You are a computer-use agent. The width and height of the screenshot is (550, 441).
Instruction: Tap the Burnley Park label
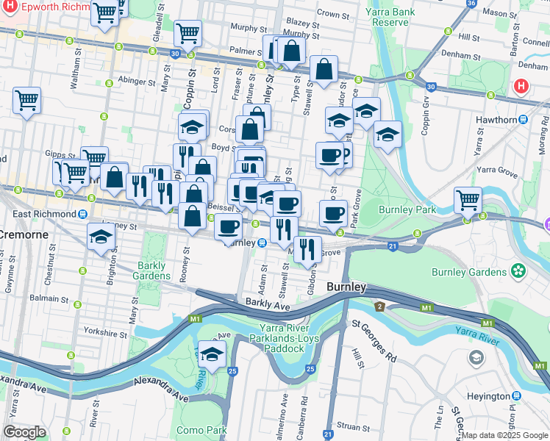407,209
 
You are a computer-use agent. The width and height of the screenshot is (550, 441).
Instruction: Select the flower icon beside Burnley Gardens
519,270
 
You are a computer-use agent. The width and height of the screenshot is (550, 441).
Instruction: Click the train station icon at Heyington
533,396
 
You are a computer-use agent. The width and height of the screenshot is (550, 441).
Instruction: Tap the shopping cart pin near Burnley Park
468,199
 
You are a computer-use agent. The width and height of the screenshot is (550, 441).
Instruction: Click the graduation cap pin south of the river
212,354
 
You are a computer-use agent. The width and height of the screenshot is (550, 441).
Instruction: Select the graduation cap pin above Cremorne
101,237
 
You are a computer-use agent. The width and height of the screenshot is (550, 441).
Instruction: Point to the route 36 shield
471,3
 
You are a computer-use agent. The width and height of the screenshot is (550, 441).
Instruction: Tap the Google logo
24,432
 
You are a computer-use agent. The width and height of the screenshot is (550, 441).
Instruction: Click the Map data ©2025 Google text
504,435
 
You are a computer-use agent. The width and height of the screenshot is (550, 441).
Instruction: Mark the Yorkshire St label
105,332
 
